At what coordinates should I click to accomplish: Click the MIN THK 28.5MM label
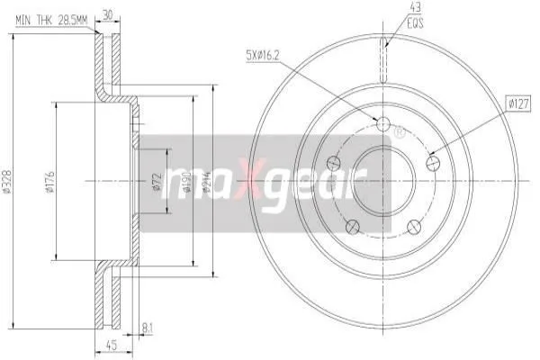click(51, 21)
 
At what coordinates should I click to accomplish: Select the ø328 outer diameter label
click(6, 180)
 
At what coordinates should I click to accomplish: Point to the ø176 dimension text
click(50, 181)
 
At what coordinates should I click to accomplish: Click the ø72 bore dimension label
click(157, 181)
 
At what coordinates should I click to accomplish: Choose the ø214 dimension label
click(207, 181)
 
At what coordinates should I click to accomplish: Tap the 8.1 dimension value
click(147, 328)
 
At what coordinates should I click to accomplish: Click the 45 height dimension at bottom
click(112, 345)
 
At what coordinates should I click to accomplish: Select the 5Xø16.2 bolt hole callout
click(262, 55)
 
